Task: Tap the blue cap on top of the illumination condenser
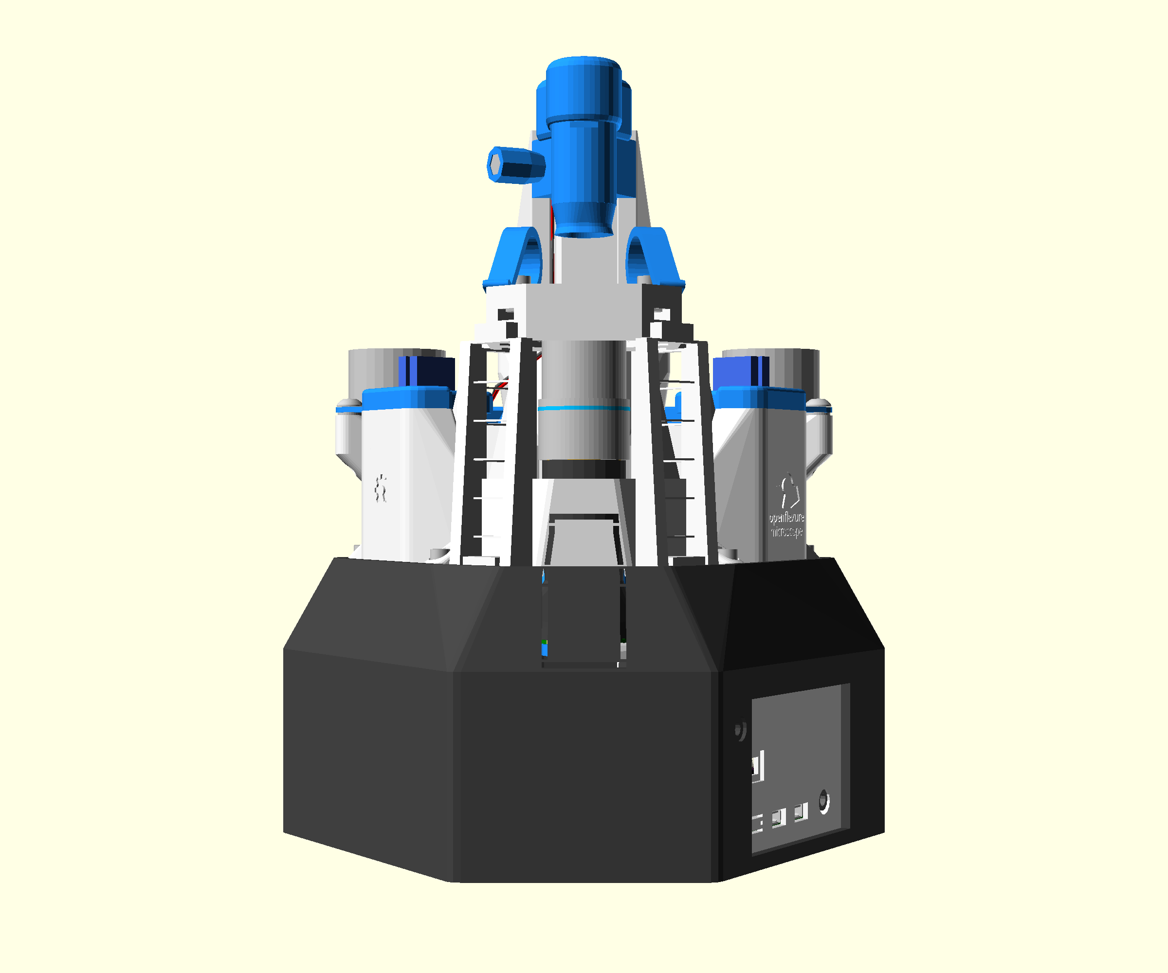(583, 89)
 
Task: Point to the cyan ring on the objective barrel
(584, 408)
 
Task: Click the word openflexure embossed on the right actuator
(786, 518)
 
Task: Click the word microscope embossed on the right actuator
(786, 532)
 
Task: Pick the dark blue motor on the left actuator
(427, 371)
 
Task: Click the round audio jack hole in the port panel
(824, 802)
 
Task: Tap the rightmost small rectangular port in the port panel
(801, 812)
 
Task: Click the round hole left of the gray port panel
(740, 731)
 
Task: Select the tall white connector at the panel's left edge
(759, 767)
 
